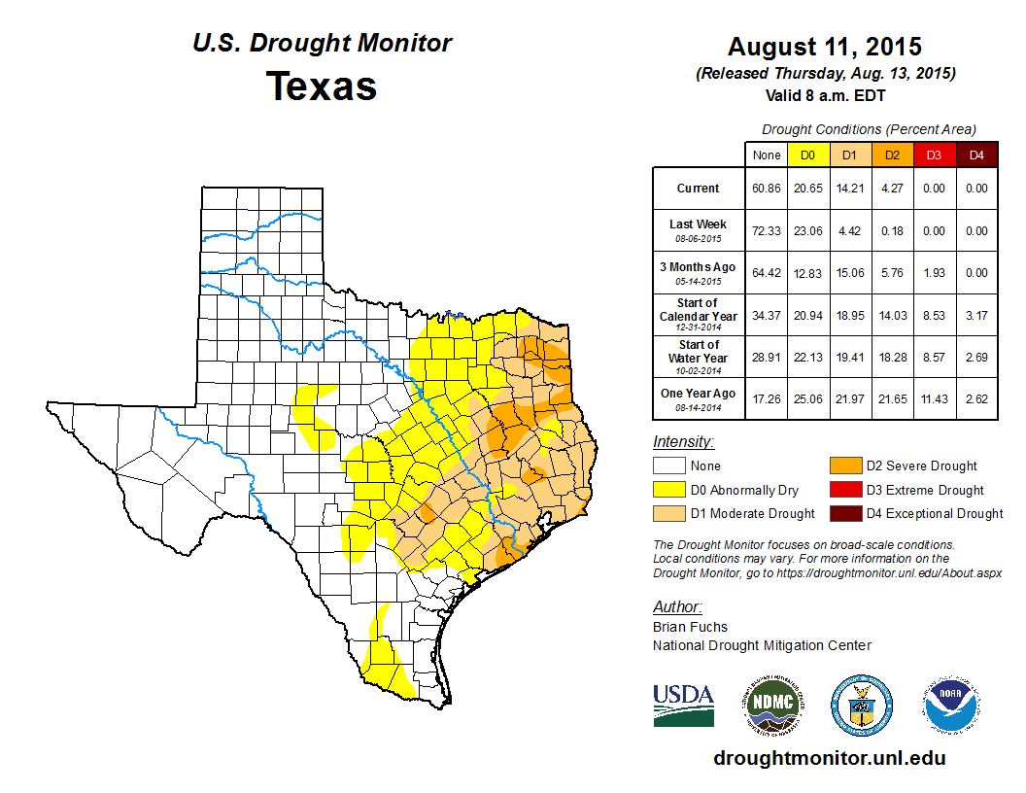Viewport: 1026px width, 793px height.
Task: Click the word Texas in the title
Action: (x=322, y=86)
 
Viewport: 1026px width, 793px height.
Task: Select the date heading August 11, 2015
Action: (x=824, y=47)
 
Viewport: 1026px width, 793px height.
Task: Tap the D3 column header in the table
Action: (x=933, y=155)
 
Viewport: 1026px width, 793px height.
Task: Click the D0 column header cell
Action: (x=807, y=155)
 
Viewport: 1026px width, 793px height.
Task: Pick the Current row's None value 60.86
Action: (x=767, y=189)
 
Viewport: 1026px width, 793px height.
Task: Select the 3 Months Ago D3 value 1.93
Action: (x=933, y=273)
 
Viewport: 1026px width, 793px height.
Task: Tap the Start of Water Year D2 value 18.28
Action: (x=891, y=358)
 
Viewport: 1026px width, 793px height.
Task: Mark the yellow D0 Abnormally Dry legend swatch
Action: (x=669, y=490)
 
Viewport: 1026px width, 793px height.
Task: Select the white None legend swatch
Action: (x=669, y=466)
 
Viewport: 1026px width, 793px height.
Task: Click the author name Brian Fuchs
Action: (x=690, y=627)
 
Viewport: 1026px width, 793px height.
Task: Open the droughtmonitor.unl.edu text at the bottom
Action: (x=829, y=758)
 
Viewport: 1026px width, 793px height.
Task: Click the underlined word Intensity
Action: (x=683, y=442)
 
